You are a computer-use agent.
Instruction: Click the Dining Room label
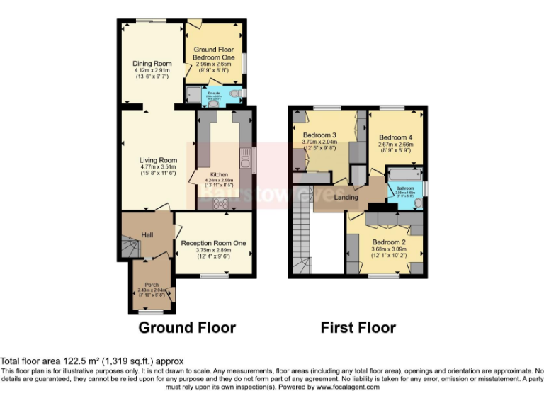click(x=152, y=64)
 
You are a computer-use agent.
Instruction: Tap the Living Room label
click(x=157, y=160)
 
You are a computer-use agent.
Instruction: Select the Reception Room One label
click(x=213, y=243)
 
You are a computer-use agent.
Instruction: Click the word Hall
click(x=147, y=235)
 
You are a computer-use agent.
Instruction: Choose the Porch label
click(x=151, y=284)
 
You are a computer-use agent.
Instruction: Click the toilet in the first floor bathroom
click(x=417, y=203)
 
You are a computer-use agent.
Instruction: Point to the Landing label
click(x=346, y=197)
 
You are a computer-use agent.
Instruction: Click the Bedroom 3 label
click(x=319, y=135)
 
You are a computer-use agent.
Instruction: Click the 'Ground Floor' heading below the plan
click(x=186, y=327)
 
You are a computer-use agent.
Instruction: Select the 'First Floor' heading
click(x=358, y=327)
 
